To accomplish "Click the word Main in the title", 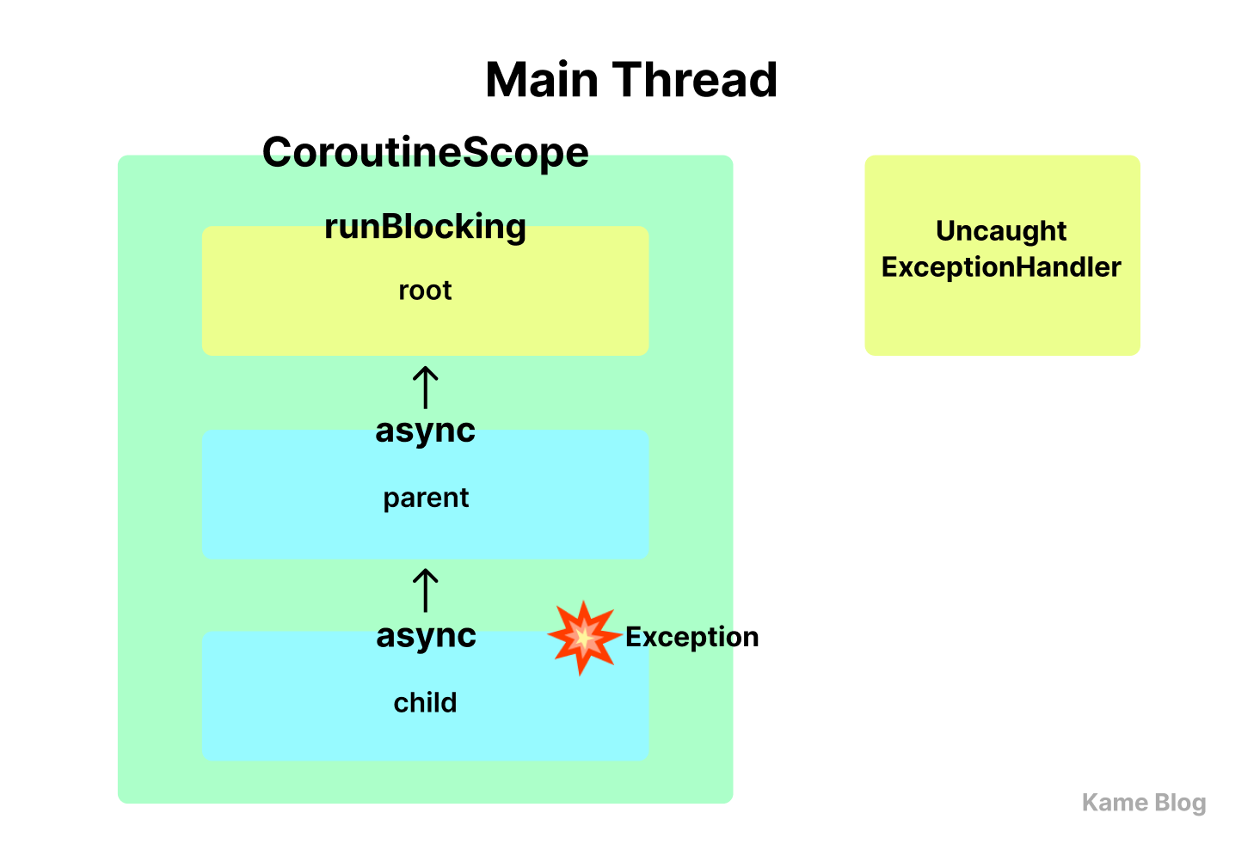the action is coord(542,80).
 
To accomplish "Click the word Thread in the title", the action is coord(695,80).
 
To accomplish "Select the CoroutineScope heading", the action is coord(425,152).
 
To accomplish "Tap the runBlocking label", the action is coord(425,227).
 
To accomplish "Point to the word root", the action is coord(425,290).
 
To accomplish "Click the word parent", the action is coord(426,498).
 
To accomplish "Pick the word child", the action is coord(425,702).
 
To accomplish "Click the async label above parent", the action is coord(425,431).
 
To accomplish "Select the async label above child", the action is coord(426,636).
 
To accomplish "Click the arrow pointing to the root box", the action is coord(425,387).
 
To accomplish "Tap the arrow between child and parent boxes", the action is coord(425,590).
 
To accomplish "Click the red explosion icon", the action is coord(585,637).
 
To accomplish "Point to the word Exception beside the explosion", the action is coord(691,637).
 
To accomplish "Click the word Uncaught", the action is coord(1001,231).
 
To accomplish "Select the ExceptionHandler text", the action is coord(1001,267).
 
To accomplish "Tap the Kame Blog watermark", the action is coord(1144,803).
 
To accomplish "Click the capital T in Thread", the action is coord(627,80).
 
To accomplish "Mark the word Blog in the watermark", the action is coord(1180,803).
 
